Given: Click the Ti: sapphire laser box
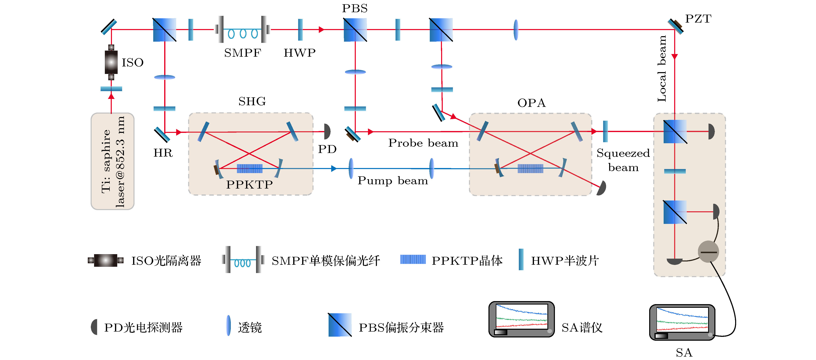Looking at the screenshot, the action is (112, 161).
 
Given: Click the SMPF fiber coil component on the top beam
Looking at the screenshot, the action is (243, 29).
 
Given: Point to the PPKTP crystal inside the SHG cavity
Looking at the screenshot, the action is (250, 168).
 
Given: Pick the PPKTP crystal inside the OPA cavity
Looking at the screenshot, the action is (530, 168).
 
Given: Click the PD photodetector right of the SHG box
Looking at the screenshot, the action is (327, 131).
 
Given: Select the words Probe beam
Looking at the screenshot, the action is (423, 143).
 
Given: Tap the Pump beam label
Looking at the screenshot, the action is (393, 180).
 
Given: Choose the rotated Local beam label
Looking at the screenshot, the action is (662, 69).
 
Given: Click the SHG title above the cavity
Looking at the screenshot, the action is (252, 101).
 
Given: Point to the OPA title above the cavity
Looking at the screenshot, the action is (532, 103).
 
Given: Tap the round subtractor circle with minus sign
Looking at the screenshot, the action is (708, 252).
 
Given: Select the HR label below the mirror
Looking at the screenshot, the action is (163, 153).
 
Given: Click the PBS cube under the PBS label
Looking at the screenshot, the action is (355, 30).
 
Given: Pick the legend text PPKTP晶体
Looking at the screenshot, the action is (467, 261).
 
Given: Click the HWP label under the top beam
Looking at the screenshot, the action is (300, 53).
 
